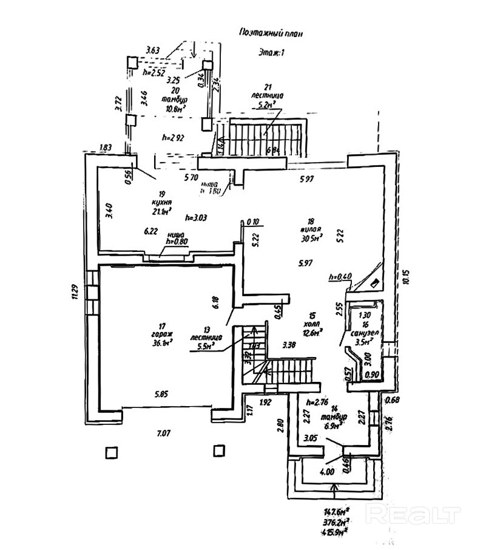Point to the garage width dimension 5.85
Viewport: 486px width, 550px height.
pyautogui.click(x=162, y=393)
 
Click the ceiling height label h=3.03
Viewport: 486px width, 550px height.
pyautogui.click(x=197, y=217)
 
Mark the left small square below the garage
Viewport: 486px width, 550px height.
pyautogui.click(x=110, y=452)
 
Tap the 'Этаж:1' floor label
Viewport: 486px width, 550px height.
pyautogui.click(x=271, y=53)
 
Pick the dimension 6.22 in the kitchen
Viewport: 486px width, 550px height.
pyautogui.click(x=151, y=231)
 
